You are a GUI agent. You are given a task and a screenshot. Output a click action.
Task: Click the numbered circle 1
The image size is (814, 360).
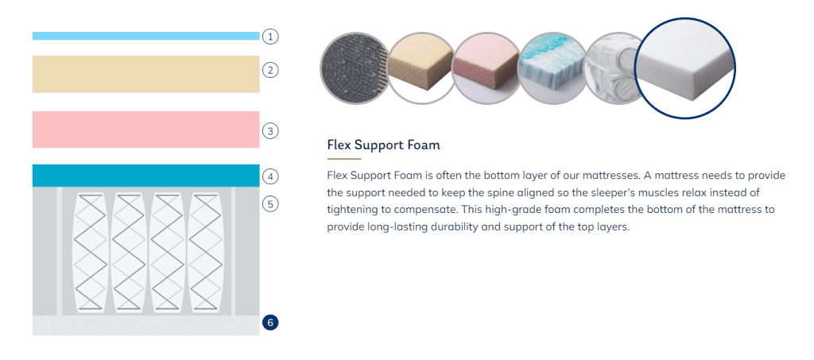click(x=270, y=37)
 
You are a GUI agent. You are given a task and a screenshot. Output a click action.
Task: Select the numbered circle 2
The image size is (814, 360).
click(x=270, y=69)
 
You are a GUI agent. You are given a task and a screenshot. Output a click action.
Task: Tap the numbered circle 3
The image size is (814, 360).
click(x=270, y=130)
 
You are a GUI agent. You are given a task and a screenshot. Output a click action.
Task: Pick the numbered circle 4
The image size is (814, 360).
click(x=270, y=176)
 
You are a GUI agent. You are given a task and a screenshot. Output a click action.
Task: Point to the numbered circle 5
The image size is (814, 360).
click(x=270, y=204)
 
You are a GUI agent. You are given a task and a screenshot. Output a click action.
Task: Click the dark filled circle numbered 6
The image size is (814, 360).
click(x=270, y=323)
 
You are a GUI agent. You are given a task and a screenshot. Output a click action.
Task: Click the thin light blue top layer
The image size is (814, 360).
click(x=146, y=36)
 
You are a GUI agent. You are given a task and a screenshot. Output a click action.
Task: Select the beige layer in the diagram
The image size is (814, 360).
click(x=146, y=74)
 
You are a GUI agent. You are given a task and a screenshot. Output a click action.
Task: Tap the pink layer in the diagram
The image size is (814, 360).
click(x=146, y=130)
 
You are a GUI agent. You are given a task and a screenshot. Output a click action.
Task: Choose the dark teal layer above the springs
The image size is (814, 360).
click(x=146, y=176)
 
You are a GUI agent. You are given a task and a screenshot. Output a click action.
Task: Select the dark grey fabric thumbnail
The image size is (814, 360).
click(x=355, y=68)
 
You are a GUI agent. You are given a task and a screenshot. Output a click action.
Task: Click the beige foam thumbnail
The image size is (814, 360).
click(x=421, y=68)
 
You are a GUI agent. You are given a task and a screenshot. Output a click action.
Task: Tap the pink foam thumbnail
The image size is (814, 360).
click(x=486, y=68)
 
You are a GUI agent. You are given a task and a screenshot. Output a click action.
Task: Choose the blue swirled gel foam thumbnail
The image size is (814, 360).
click(x=552, y=68)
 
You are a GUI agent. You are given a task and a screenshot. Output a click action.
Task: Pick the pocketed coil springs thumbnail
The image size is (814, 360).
click(x=613, y=68)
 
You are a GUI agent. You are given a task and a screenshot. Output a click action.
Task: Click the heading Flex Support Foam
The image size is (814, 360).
click(x=384, y=145)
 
